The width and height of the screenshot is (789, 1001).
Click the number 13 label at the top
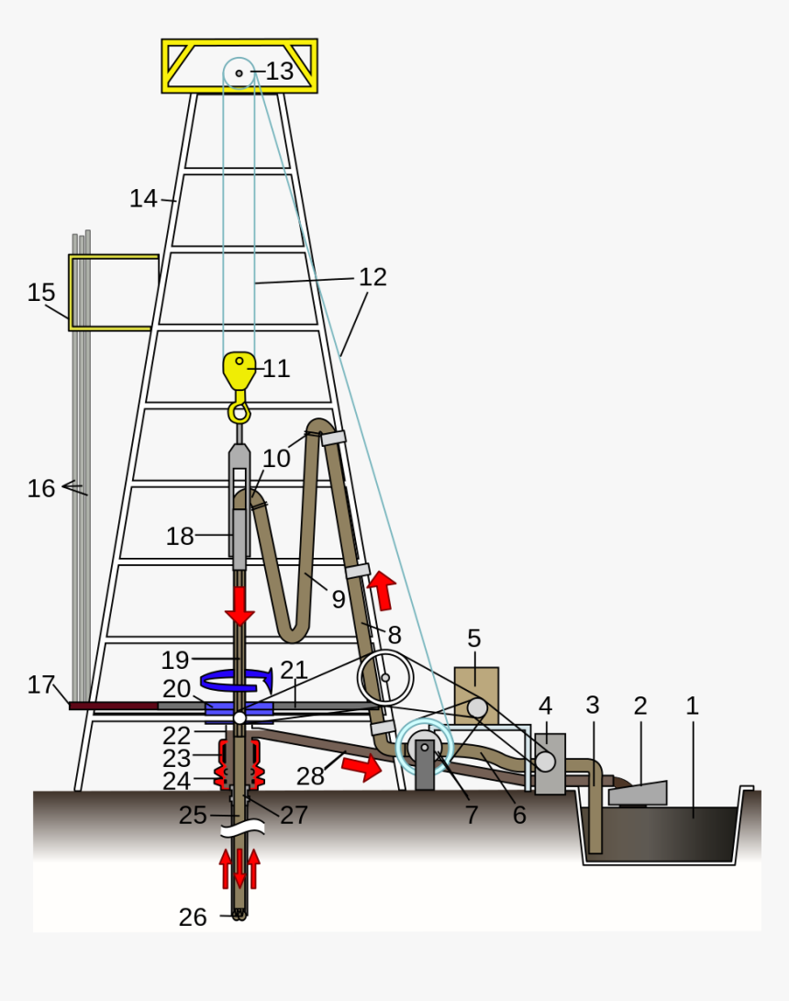click(280, 72)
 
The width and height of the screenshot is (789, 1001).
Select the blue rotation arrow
click(236, 679)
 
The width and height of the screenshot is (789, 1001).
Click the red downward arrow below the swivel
click(239, 605)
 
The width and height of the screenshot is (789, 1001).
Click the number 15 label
click(41, 293)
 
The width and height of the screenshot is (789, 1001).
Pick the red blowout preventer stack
click(239, 763)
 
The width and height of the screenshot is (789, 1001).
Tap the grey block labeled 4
click(550, 763)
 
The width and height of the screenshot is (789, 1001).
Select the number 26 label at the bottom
click(193, 917)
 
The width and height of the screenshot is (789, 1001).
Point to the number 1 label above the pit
click(693, 706)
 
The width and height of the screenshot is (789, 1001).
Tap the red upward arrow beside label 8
click(382, 590)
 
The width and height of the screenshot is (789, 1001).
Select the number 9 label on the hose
click(339, 599)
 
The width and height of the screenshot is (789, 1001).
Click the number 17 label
click(41, 684)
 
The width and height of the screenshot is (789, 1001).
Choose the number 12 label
click(372, 276)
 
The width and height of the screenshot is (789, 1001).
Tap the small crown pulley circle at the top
click(239, 72)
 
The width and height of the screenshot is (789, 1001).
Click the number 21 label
click(294, 670)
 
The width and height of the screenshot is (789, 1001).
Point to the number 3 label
click(593, 706)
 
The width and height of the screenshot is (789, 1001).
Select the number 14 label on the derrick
click(143, 198)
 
